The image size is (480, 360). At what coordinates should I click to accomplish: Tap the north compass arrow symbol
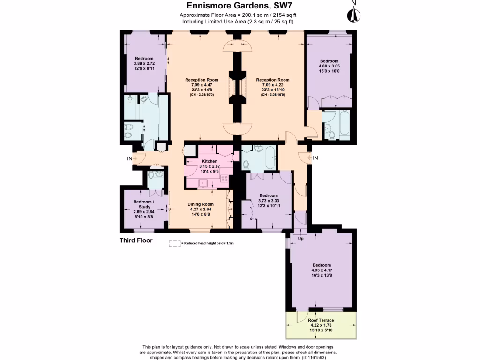click(353, 14)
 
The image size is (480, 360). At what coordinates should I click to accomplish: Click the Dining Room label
click(201, 204)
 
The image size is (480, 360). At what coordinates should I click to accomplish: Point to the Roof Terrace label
click(321, 320)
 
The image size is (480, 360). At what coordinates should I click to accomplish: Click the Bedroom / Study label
click(143, 204)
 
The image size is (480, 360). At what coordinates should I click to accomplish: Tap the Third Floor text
click(136, 240)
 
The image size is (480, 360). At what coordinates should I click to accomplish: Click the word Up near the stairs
click(301, 239)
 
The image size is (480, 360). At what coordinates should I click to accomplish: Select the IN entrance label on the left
click(129, 159)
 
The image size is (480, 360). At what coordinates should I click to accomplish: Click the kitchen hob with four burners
click(225, 178)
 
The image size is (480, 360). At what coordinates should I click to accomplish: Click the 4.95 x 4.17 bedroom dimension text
click(321, 270)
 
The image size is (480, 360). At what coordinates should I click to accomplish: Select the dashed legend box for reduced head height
click(175, 243)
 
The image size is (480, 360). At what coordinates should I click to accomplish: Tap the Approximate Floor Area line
click(238, 15)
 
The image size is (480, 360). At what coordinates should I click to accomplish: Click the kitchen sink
click(204, 183)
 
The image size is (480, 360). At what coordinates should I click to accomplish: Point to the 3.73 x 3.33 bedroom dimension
click(269, 201)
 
